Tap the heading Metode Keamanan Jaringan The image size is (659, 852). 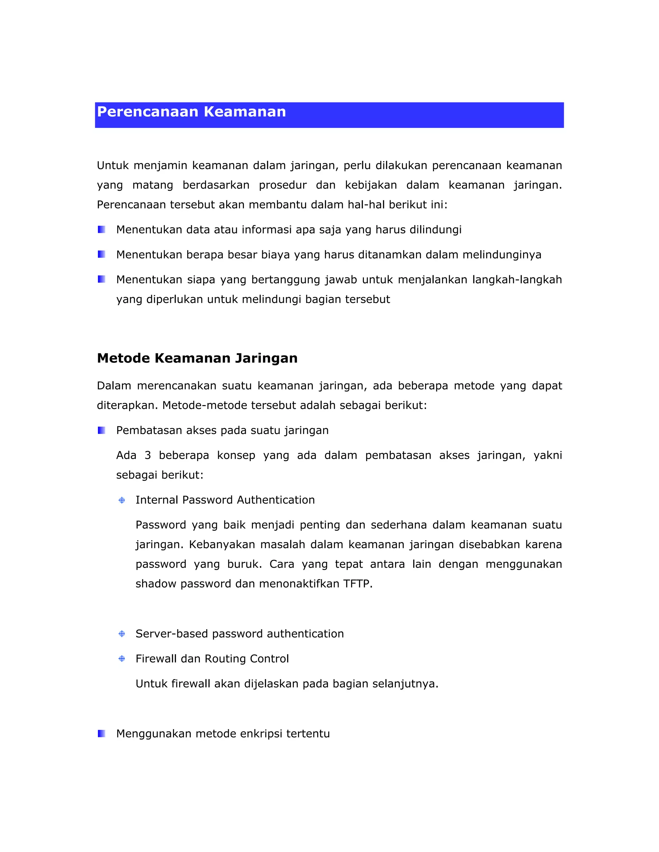197,358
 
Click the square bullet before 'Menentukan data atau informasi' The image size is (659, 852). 101,229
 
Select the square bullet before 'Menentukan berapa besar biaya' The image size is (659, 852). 101,254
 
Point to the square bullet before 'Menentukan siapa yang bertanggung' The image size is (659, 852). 101,279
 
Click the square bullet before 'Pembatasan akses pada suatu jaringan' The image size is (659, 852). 101,430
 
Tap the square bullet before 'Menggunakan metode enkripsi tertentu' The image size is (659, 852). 101,733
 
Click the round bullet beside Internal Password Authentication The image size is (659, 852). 122,500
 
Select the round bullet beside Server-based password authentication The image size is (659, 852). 122,634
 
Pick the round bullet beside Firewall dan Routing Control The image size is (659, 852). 122,659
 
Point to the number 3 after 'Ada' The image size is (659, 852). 148,455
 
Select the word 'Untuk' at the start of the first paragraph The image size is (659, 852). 113,165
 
